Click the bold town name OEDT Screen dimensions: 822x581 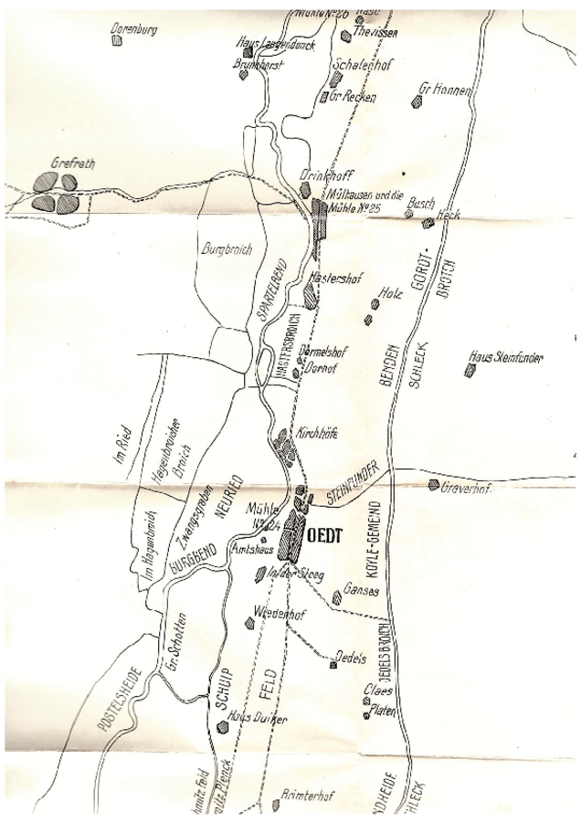[x=325, y=537]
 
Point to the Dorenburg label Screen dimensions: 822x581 [x=133, y=29]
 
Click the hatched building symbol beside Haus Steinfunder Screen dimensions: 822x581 [x=470, y=370]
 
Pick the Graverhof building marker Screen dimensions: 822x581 [x=433, y=485]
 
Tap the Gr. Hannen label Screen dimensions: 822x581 [x=444, y=90]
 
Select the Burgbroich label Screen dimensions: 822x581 [x=222, y=247]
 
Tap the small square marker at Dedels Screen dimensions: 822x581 [x=333, y=664]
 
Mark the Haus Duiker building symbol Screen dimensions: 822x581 [x=223, y=727]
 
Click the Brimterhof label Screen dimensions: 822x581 [x=308, y=796]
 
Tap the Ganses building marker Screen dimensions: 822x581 [x=337, y=597]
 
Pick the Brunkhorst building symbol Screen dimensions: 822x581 [x=244, y=75]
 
